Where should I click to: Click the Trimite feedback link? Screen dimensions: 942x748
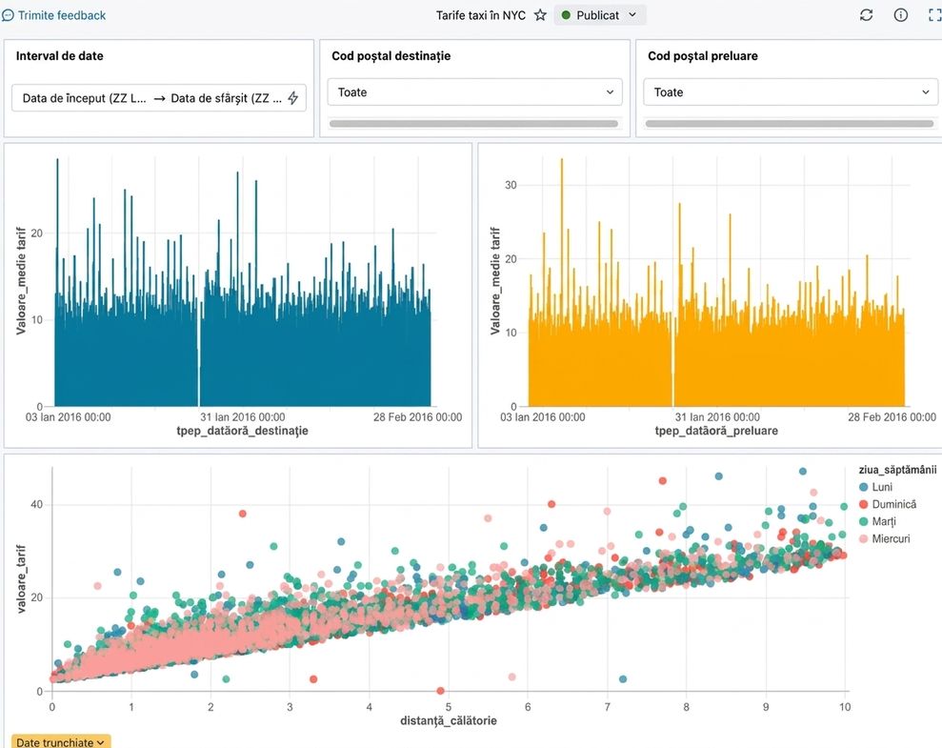[54, 15]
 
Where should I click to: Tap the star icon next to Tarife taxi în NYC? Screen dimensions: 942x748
[540, 15]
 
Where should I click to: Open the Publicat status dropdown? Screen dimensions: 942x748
[599, 15]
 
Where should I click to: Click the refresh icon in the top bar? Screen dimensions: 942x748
[866, 15]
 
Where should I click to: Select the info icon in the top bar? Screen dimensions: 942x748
[900, 15]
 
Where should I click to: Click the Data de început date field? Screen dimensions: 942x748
[84, 98]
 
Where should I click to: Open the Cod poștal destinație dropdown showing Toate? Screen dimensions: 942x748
[474, 92]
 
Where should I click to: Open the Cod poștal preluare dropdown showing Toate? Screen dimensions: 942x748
[791, 92]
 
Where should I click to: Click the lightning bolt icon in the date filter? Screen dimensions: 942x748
[293, 98]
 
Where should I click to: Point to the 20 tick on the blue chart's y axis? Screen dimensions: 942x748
[36, 233]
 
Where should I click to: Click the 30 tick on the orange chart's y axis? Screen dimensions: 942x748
[511, 185]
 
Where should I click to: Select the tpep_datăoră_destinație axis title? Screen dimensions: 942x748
[242, 431]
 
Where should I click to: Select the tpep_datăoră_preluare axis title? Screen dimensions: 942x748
[716, 431]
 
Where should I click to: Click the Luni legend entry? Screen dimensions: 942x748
[876, 487]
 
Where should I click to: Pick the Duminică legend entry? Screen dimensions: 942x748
[888, 505]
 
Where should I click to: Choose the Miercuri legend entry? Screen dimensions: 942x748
[885, 539]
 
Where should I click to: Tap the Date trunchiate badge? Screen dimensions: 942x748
[61, 742]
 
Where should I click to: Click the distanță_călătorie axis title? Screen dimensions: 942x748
[449, 720]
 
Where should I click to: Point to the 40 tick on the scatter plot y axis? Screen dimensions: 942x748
[36, 505]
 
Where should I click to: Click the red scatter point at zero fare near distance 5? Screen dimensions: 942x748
[440, 691]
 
